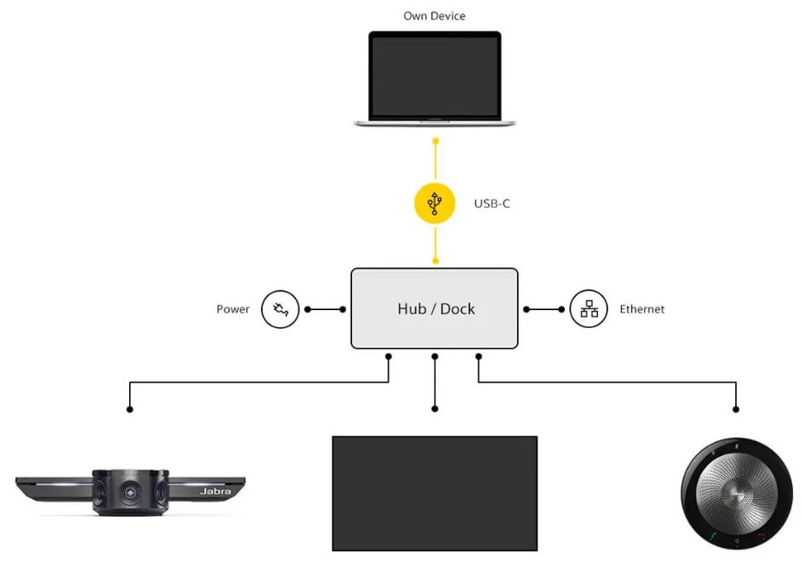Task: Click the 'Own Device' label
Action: click(434, 16)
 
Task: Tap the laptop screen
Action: click(435, 76)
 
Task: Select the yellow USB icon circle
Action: click(435, 203)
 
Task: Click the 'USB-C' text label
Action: click(492, 204)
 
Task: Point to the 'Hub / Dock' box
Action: click(435, 308)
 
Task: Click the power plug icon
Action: click(281, 309)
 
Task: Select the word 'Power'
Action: click(233, 309)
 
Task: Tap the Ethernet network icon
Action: click(589, 309)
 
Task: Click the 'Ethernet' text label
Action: click(642, 309)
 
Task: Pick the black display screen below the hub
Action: click(435, 493)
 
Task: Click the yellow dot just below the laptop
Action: click(435, 142)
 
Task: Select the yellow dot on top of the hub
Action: click(435, 261)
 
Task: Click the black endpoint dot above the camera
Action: click(130, 409)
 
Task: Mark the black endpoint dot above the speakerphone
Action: click(736, 409)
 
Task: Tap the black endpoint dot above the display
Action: click(435, 409)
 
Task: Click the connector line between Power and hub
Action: click(326, 309)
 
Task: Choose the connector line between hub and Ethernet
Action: click(544, 309)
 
